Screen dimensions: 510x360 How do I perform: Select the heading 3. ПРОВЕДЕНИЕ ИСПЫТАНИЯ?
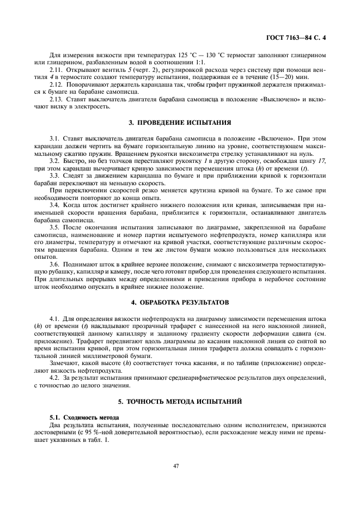[176, 123]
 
